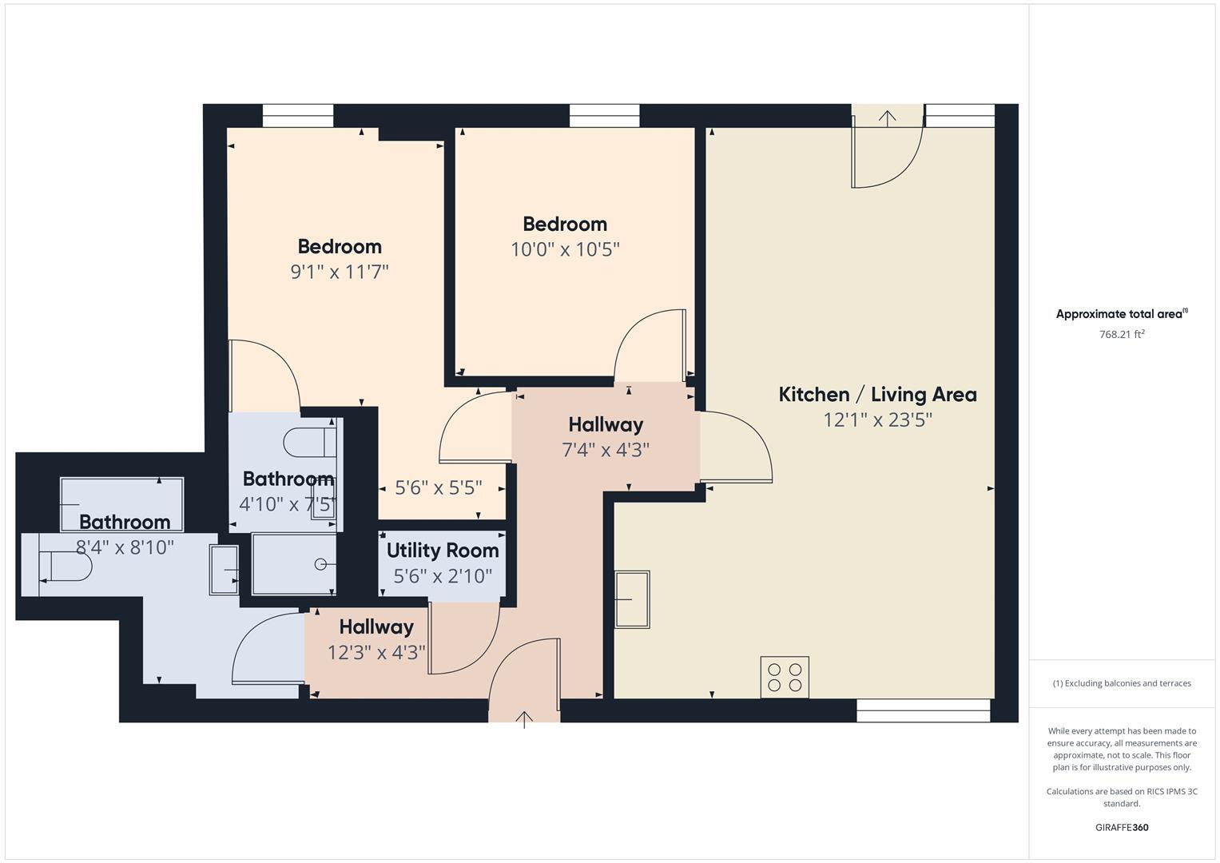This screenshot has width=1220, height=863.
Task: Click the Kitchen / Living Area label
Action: coord(877,394)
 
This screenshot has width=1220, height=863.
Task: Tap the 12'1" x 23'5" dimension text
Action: coord(877,420)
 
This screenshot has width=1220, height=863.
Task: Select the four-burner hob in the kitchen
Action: coord(784,677)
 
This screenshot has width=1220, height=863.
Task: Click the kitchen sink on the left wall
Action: coord(632,599)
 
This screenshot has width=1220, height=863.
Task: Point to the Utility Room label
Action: coord(443,551)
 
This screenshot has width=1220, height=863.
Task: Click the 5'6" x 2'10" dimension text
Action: coord(443,576)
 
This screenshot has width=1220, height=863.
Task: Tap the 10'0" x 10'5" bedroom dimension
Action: coord(565,249)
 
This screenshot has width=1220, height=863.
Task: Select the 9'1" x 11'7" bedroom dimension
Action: coord(339,272)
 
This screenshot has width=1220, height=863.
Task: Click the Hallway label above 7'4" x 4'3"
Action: coord(606,424)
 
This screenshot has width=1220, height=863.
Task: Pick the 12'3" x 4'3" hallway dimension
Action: coord(376,653)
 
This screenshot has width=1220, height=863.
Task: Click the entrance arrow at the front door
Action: coord(524,719)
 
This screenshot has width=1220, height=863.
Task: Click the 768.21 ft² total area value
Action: coord(1122,335)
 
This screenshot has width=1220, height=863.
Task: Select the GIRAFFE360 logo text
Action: coord(1122,827)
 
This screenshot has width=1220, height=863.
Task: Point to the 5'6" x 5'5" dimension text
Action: coord(439,487)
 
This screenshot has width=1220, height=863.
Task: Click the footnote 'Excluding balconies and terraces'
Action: coord(1122,683)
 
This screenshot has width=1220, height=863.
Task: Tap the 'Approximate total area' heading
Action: coord(1121,314)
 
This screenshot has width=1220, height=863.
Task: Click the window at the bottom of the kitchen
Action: coord(923,710)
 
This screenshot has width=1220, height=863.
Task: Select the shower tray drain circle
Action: coord(320,564)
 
